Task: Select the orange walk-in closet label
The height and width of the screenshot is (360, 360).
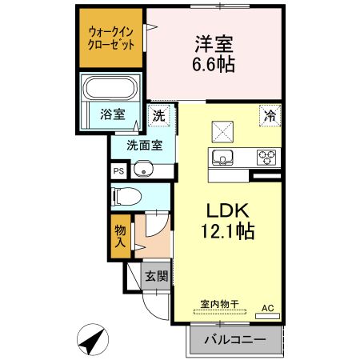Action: tap(111, 39)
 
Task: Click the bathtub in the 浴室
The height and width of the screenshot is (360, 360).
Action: tap(111, 88)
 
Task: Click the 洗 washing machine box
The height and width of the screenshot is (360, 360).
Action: tap(160, 114)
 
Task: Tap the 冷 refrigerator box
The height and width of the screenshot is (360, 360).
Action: tap(271, 115)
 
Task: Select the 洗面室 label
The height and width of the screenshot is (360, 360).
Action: tap(143, 146)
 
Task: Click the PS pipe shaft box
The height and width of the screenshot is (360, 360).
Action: tap(118, 170)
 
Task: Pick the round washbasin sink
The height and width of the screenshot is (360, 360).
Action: tap(142, 170)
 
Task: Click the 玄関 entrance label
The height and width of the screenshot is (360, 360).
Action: tap(156, 277)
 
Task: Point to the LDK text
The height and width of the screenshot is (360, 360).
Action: tap(230, 212)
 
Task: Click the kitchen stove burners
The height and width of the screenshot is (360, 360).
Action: tap(266, 156)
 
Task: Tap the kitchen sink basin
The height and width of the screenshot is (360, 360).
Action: tap(221, 155)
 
